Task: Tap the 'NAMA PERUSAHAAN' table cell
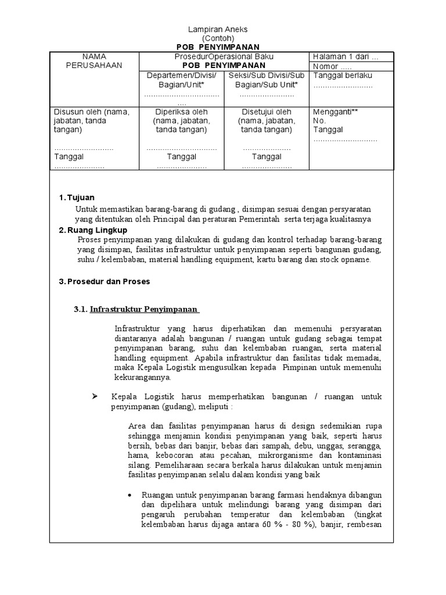[94, 61]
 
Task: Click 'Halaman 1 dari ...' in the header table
[346, 56]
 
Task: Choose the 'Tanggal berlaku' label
[343, 76]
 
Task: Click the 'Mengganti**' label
[336, 112]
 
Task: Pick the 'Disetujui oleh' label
[267, 112]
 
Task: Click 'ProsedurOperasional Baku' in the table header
[224, 56]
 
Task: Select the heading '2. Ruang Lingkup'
[91, 231]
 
